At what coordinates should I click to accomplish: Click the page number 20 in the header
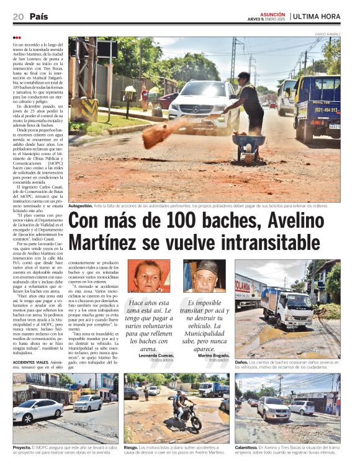coord(18,16)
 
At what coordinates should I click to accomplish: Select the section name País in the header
coord(38,16)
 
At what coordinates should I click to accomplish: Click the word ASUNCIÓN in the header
coord(274,14)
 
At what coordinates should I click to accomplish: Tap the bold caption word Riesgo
coord(131,447)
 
